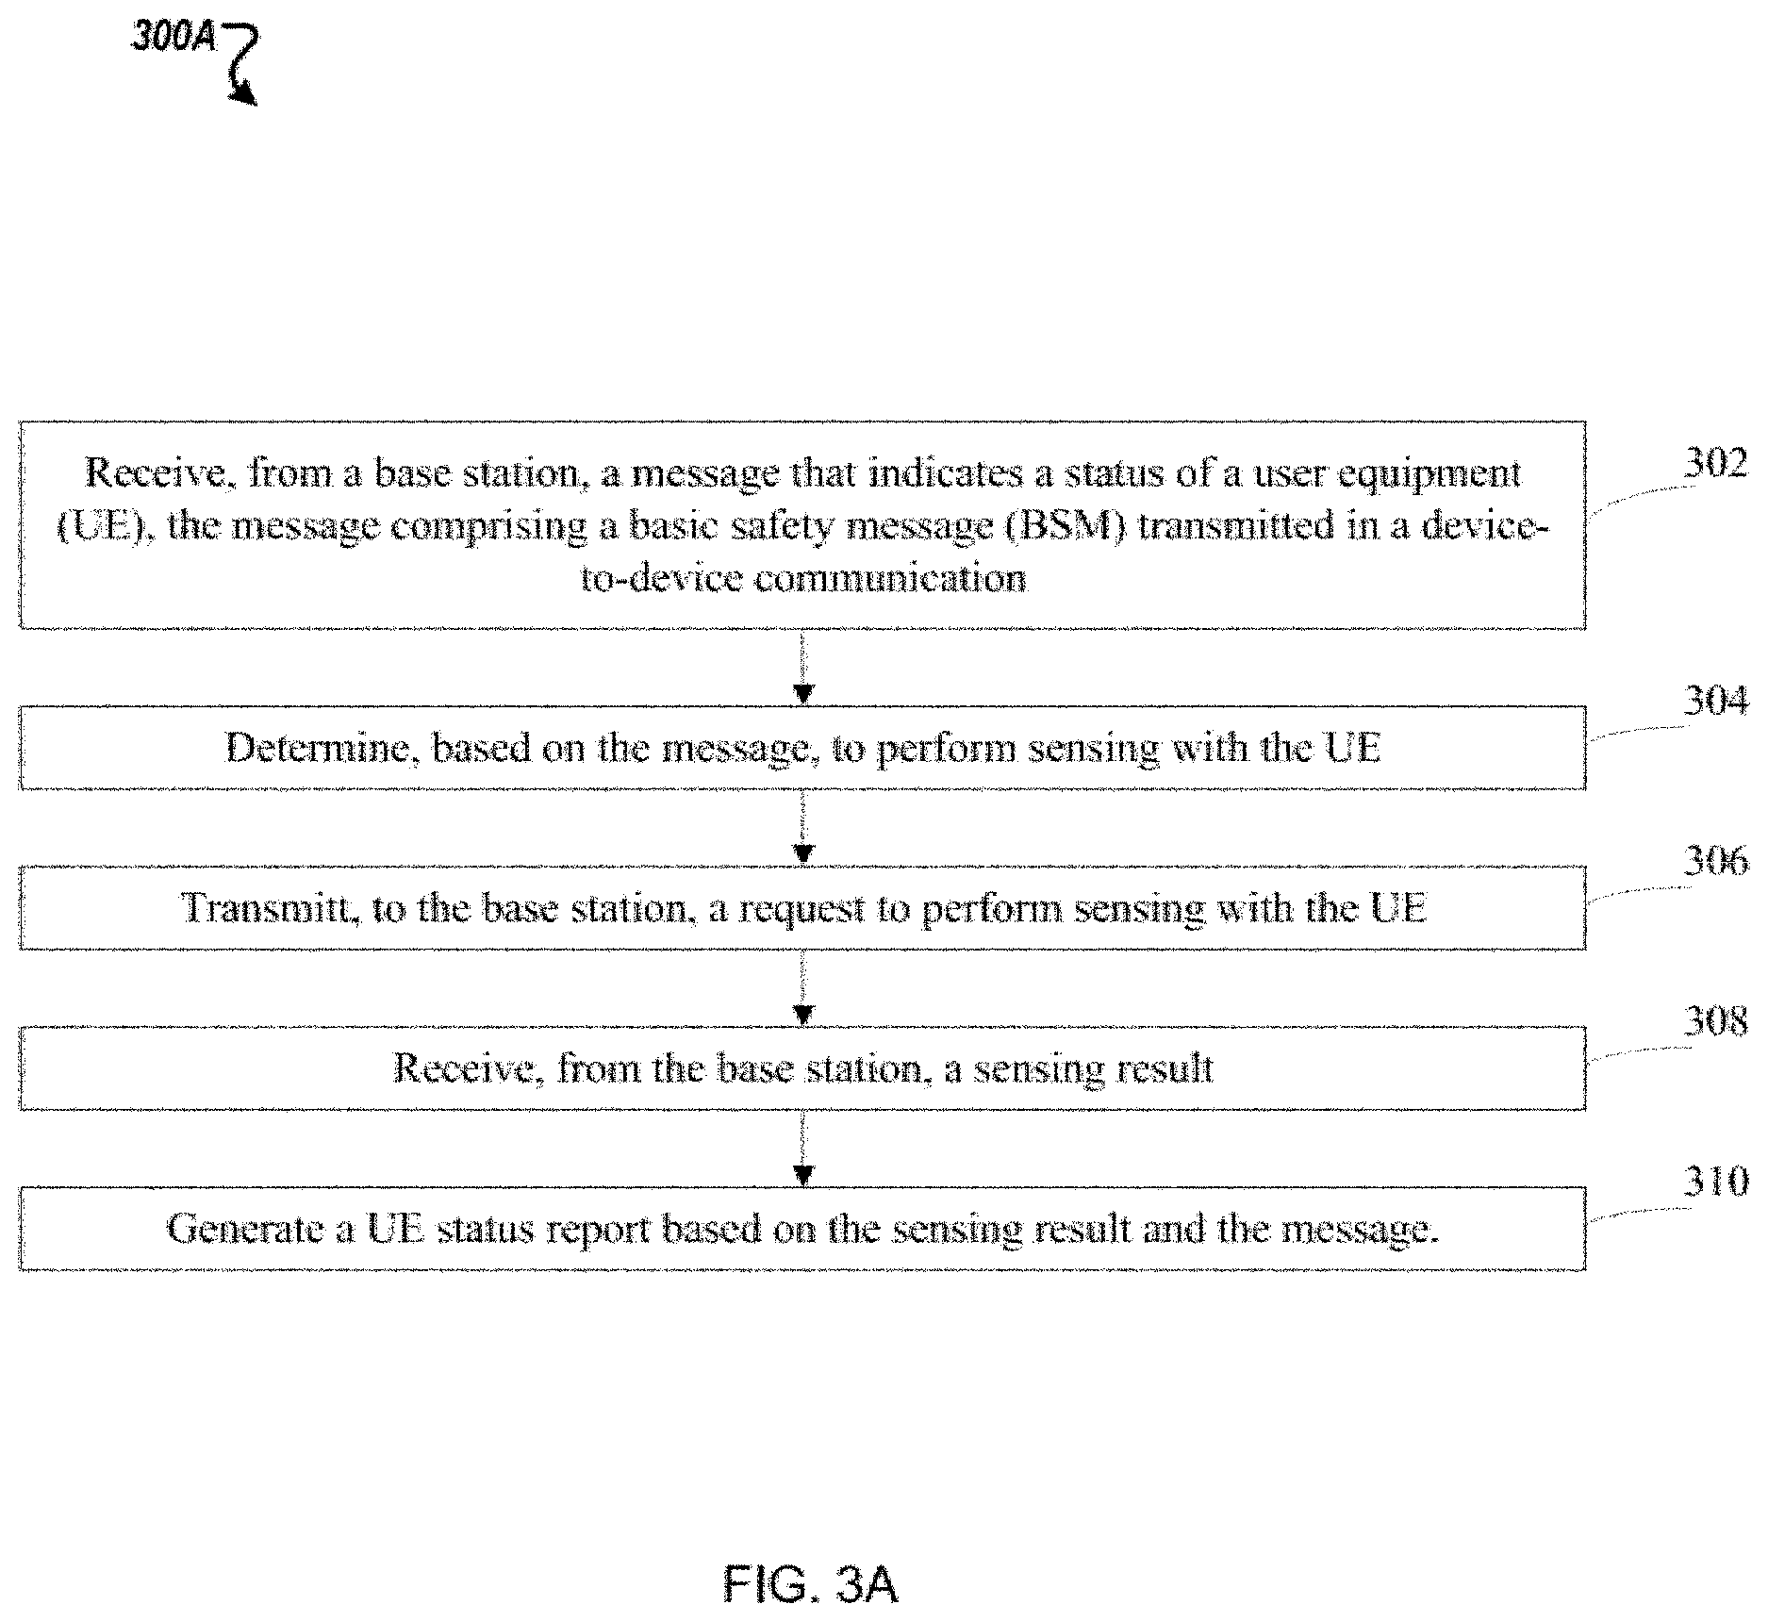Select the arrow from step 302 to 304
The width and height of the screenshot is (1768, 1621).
tap(802, 668)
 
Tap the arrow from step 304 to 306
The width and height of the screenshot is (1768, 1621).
tap(802, 827)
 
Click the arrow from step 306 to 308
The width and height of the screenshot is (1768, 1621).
tap(802, 987)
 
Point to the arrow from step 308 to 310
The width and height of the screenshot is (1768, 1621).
tap(802, 1148)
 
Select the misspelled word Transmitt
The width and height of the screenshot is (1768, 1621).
tap(265, 907)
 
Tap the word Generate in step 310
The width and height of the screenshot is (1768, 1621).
tap(245, 1228)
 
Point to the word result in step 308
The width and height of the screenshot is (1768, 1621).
tap(1165, 1067)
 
